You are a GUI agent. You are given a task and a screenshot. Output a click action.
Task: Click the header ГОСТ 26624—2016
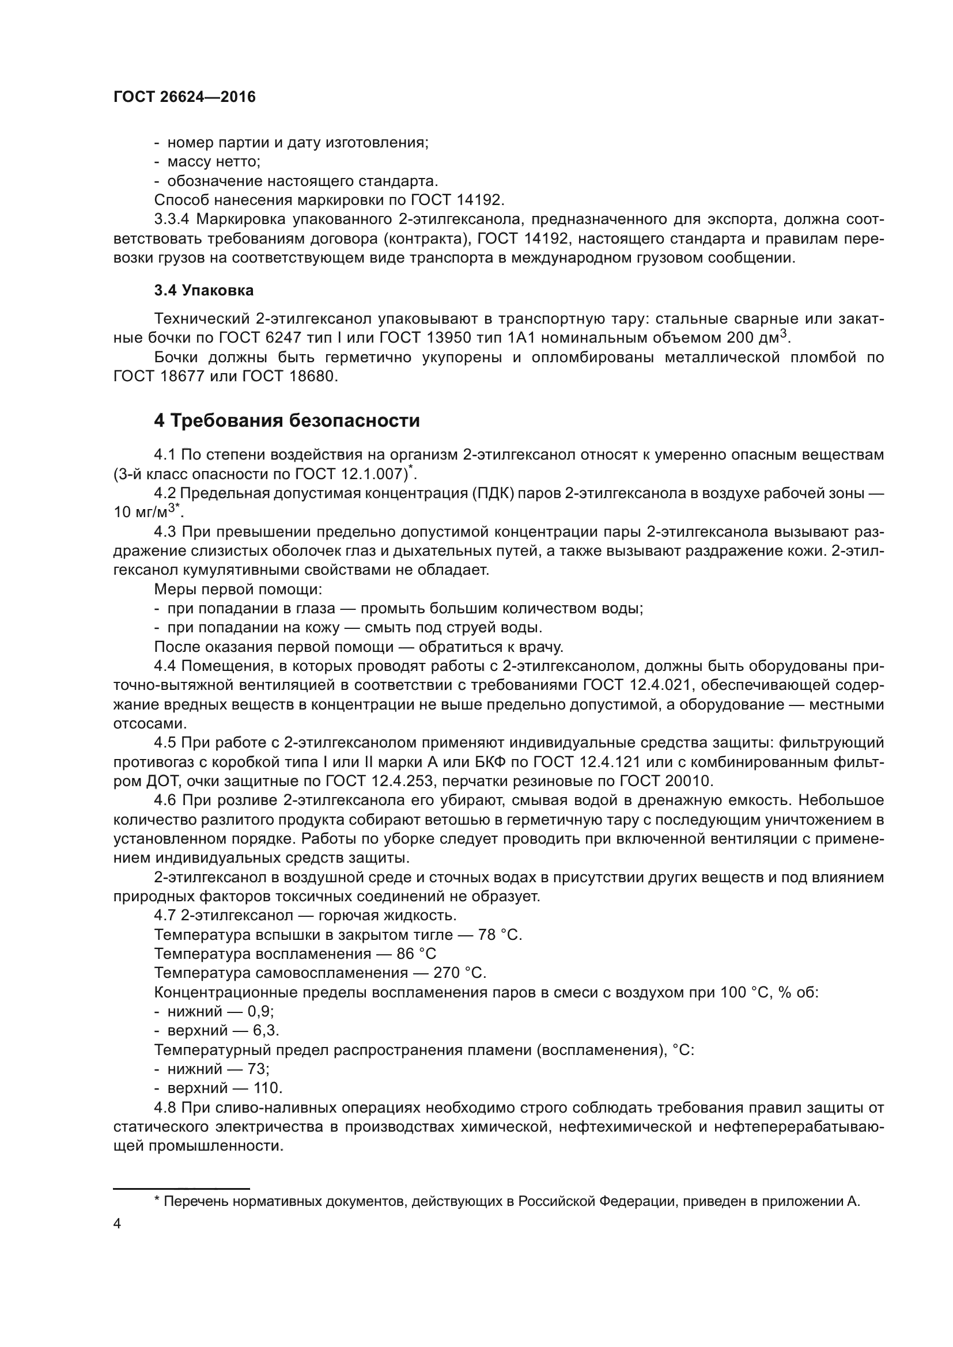coord(184,97)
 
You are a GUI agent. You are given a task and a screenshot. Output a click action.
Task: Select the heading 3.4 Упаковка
coord(203,290)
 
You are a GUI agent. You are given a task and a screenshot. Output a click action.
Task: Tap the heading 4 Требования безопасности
coord(287,420)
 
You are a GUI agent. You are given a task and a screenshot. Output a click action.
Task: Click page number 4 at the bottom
coord(117,1224)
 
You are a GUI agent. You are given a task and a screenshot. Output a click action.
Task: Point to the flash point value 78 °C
coord(500,935)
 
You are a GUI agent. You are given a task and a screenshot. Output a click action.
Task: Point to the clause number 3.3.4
coord(171,219)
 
